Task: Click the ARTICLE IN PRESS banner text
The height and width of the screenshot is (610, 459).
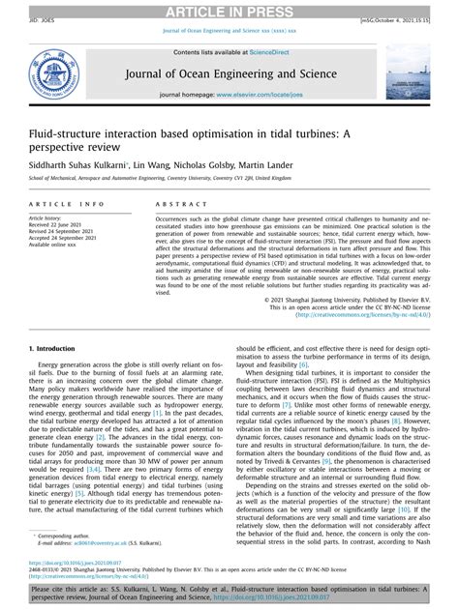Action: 229,9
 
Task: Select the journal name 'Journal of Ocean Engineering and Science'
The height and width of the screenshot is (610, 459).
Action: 229,72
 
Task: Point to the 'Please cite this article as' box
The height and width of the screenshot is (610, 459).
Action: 229,592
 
